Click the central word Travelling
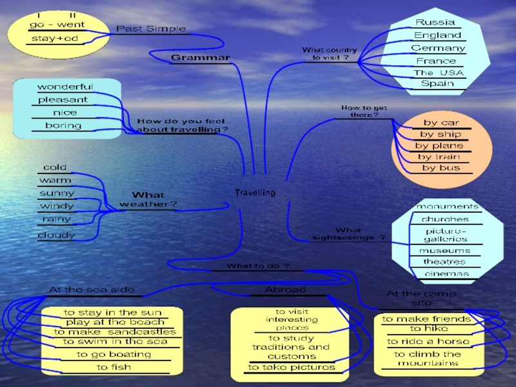pos(255,193)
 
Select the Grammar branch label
pos(200,58)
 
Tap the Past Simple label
pos(151,29)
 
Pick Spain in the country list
pos(437,83)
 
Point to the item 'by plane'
pos(439,146)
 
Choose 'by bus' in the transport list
pos(441,168)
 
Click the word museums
pos(444,250)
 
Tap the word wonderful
pos(64,87)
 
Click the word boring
pos(63,126)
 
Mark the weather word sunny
pos(57,193)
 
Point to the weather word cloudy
pos(56,235)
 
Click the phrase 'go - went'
pos(57,25)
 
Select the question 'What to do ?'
pos(257,266)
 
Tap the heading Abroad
pos(285,290)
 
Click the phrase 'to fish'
pos(114,367)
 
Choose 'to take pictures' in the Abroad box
pos(292,367)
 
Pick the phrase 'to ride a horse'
pos(428,341)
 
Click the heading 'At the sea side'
pos(92,290)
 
